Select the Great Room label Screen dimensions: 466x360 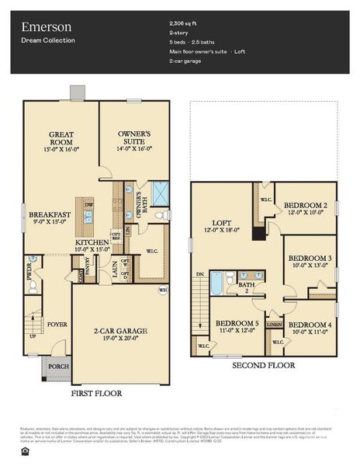[61, 139]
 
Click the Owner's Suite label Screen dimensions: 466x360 [135, 139]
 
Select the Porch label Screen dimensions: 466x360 [59, 367]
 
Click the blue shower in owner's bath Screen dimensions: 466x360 [161, 192]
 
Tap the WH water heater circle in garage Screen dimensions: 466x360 [163, 290]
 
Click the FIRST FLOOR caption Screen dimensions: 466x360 [96, 394]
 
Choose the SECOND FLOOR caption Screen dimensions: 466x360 [263, 365]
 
